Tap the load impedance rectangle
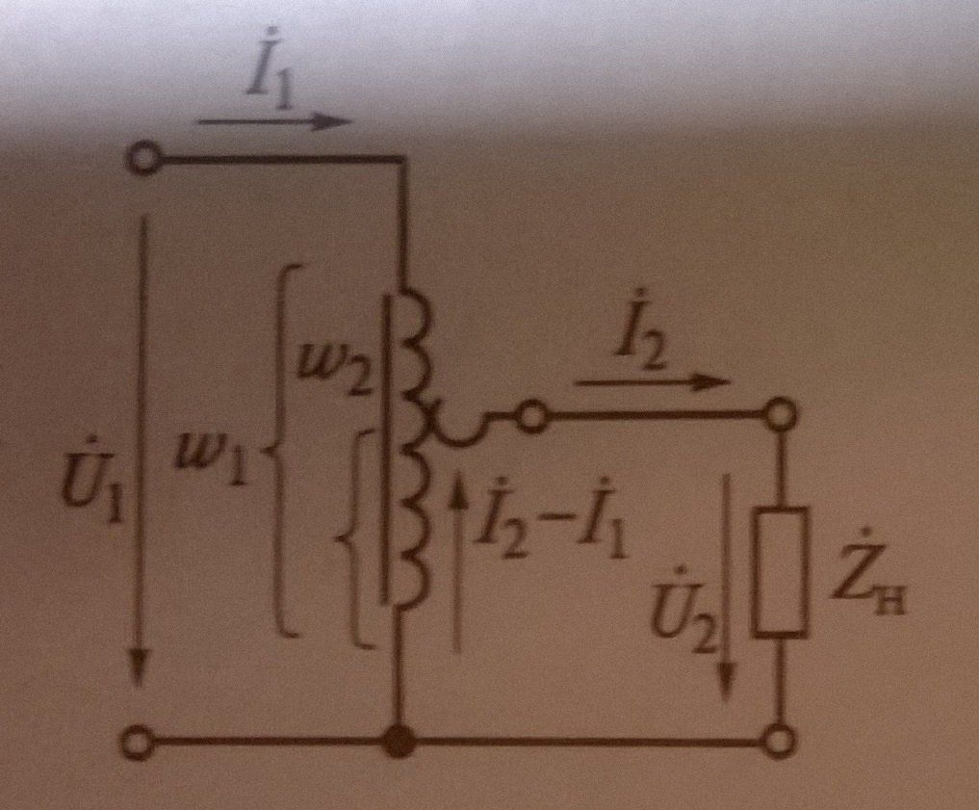coord(780,572)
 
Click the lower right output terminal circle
coord(780,742)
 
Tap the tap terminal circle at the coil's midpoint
coord(532,418)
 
